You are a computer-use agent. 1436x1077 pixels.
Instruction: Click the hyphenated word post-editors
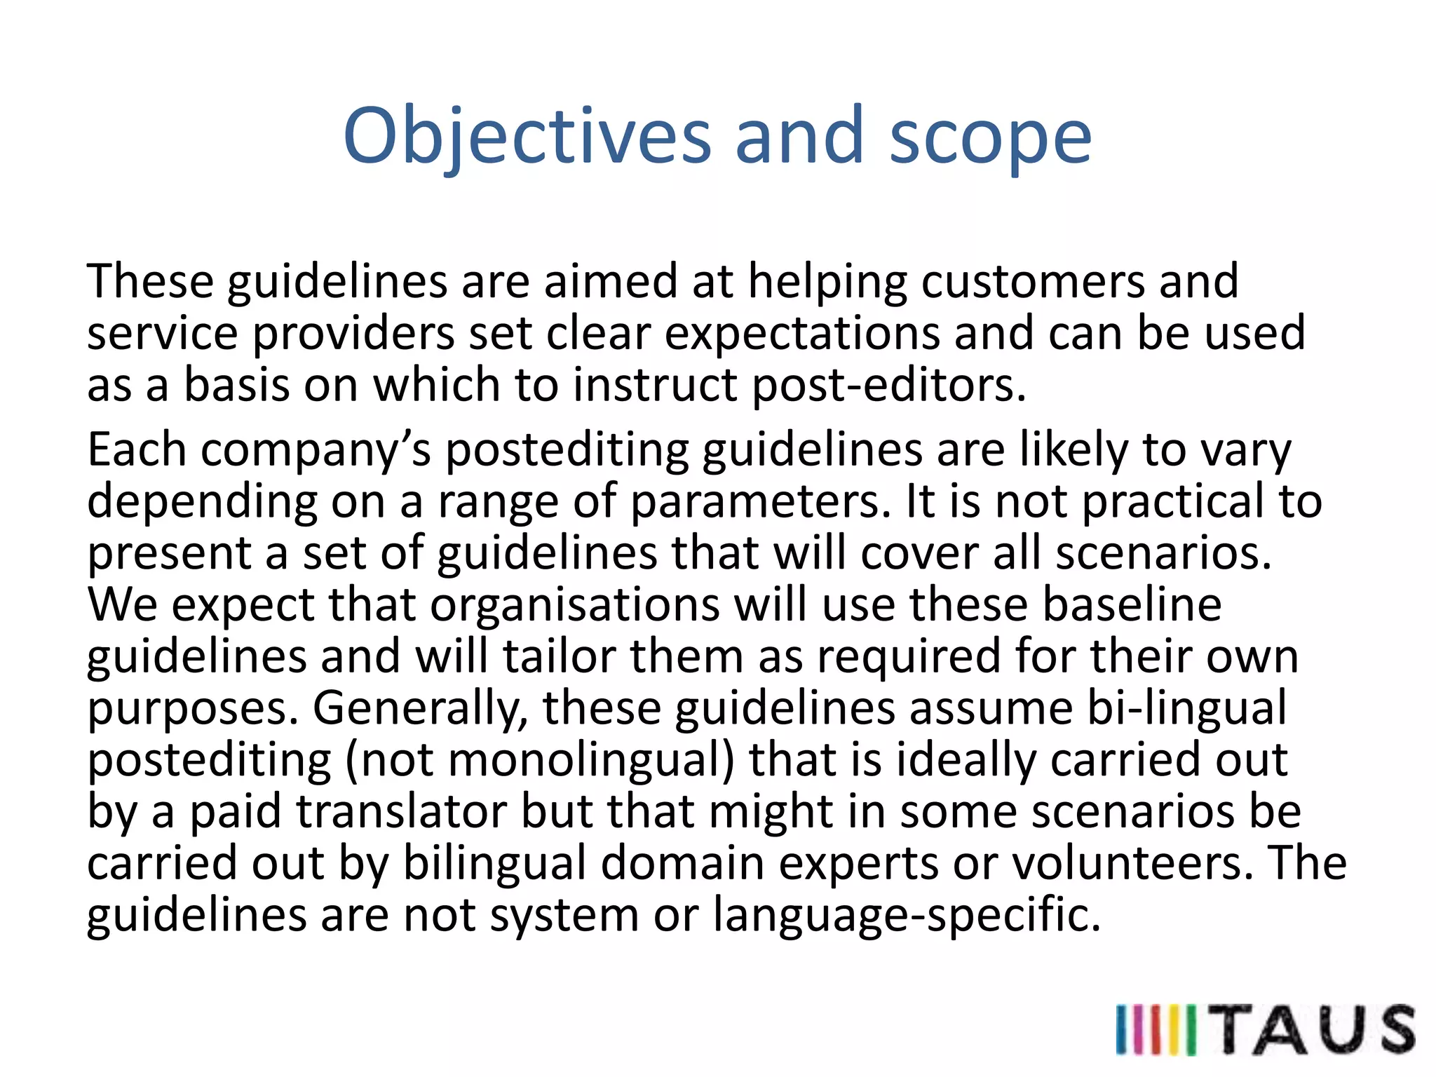888,386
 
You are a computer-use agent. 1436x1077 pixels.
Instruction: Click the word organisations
574,604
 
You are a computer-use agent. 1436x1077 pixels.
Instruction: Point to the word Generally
420,708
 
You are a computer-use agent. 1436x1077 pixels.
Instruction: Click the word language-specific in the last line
906,915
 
